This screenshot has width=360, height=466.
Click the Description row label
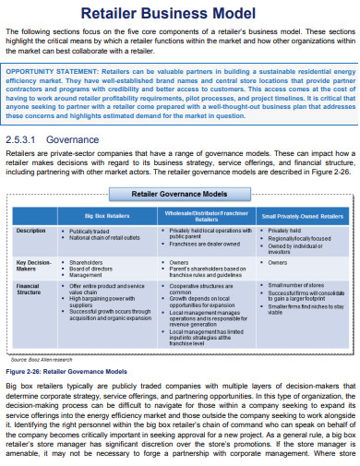[x=31, y=230]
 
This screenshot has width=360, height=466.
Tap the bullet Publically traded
[x=93, y=231]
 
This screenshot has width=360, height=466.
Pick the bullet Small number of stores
[x=294, y=285]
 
